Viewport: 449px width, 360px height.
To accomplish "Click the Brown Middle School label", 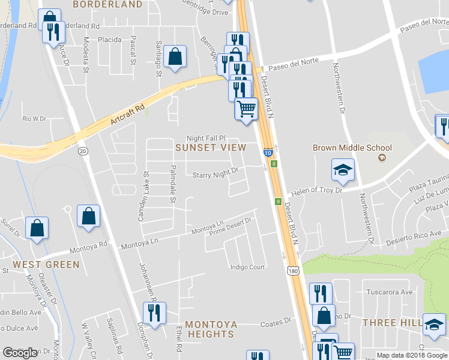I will click(x=352, y=148).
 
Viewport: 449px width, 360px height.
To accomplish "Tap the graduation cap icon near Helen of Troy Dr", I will click(x=343, y=170).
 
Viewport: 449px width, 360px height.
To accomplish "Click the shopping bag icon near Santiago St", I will click(x=175, y=58).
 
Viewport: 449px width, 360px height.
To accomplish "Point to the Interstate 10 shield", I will click(x=268, y=153).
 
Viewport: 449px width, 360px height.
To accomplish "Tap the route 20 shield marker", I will click(x=83, y=151).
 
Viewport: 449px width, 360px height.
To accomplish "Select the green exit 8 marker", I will click(x=274, y=164).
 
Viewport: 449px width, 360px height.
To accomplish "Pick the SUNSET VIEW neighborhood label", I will click(x=211, y=147).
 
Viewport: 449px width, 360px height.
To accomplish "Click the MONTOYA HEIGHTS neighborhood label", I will click(x=211, y=329).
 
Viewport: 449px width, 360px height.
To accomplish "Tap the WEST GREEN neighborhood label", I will click(x=46, y=265).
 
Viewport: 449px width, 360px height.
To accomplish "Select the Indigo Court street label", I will click(x=248, y=267).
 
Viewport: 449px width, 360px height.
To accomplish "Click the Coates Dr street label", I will click(x=276, y=324).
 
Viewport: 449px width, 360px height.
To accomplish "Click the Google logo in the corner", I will click(x=20, y=353).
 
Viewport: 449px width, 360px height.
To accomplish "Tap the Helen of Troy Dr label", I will click(x=316, y=191).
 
